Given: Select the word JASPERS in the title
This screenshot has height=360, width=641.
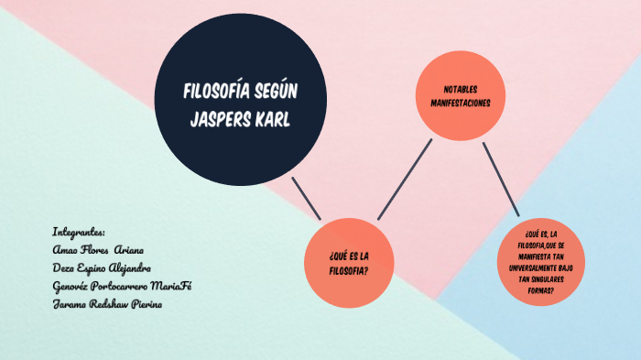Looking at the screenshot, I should tap(223, 119).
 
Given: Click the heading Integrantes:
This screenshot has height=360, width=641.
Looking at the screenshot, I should tap(80, 232).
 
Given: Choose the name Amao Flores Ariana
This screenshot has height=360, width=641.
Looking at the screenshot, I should tap(98, 250).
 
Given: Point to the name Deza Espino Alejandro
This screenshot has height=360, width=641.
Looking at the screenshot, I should tap(102, 267).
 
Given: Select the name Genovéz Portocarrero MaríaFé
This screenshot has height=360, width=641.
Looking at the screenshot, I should tap(122, 286).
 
